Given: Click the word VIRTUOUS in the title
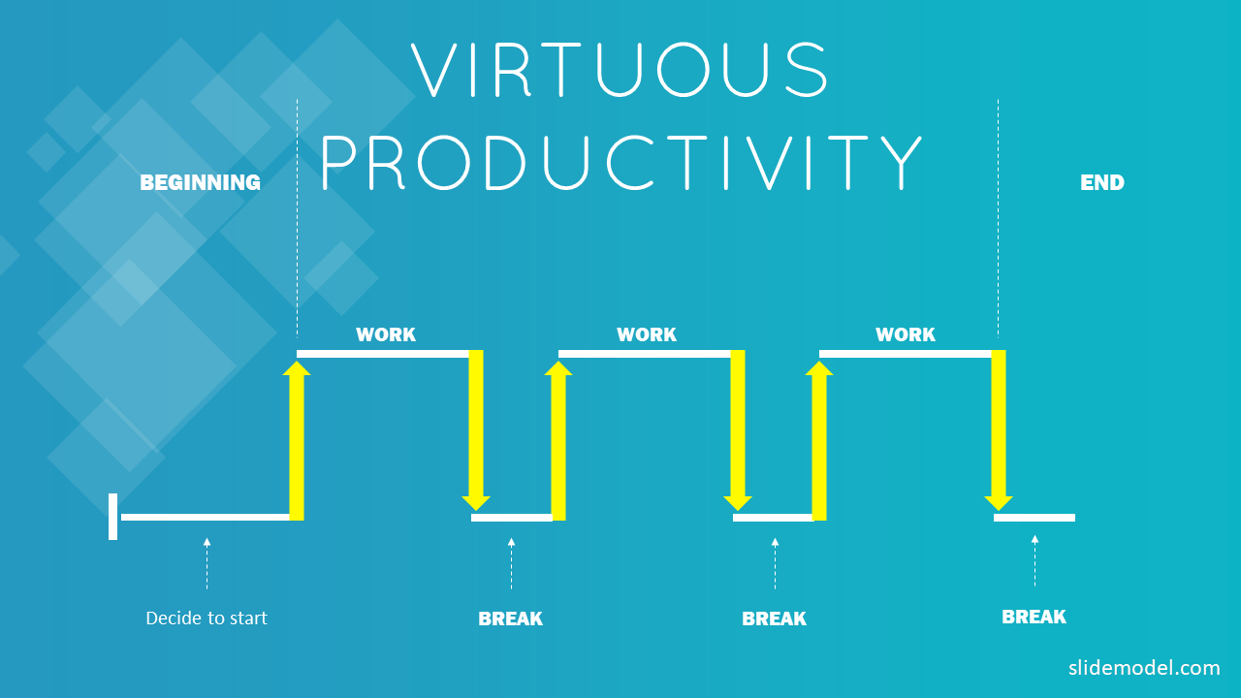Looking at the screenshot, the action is tap(620, 70).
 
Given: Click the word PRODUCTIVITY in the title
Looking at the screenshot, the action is tap(621, 163).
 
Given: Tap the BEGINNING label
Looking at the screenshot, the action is tap(200, 183).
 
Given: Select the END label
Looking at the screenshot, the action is tap(1102, 183).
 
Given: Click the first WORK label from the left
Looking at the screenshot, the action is tap(386, 334).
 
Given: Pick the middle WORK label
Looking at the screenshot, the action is tap(647, 334).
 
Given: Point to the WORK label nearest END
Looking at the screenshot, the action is tap(906, 334).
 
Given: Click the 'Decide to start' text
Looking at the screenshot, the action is tap(207, 619).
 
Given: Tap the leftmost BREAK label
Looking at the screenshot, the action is tap(510, 619).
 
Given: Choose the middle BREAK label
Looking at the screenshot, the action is tap(774, 619).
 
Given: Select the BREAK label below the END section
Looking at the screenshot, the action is tap(1034, 618).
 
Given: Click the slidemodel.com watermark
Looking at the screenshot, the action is tap(1144, 668).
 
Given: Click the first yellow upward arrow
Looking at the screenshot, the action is tap(297, 441).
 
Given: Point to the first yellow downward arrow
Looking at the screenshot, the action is tap(476, 429).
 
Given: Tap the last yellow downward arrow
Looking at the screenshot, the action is tap(999, 429).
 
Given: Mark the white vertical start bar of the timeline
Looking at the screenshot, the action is tap(113, 517).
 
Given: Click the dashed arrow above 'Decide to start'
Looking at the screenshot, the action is tap(207, 563).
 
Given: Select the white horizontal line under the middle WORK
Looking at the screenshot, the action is tap(645, 354).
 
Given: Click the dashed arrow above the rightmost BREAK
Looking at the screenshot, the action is tap(1034, 560).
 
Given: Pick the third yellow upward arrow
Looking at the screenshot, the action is tap(819, 441).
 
